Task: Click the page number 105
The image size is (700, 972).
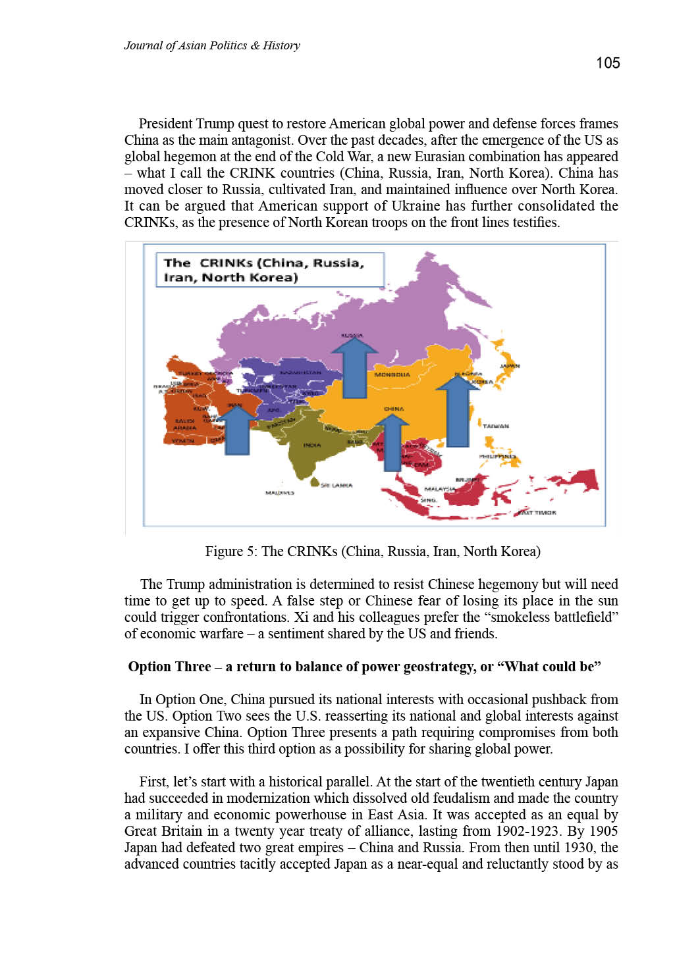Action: (607, 63)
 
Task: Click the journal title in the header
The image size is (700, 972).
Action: (211, 45)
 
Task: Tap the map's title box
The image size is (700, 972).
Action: (269, 270)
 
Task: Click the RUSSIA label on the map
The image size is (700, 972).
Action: (352, 336)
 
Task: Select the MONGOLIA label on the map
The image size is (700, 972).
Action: (392, 375)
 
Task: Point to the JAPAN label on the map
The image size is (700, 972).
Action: (510, 366)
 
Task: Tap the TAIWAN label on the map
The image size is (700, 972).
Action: (495, 426)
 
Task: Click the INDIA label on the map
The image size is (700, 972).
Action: (312, 446)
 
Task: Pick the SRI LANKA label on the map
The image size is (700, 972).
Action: (337, 486)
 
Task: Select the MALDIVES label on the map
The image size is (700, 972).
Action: (279, 492)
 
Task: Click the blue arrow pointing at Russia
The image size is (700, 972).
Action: (355, 367)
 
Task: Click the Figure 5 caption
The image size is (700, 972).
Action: (372, 551)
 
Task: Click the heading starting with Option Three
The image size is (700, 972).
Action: (364, 667)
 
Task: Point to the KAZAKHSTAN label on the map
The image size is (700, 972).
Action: (300, 372)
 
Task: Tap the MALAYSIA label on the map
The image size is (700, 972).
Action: (439, 489)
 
